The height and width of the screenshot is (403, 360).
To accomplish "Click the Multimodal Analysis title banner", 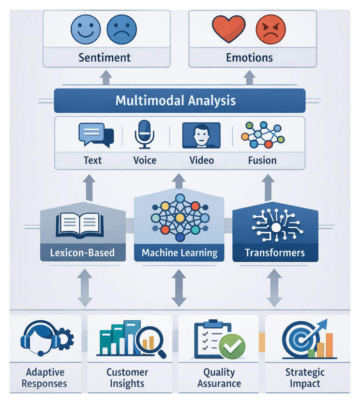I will pos(179,101).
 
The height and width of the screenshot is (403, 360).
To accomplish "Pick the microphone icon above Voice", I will pos(144,134).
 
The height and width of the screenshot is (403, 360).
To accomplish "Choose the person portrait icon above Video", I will pos(201,135).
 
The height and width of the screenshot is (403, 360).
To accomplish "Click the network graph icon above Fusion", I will pos(263,135).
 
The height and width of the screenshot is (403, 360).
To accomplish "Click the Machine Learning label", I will pos(179,253).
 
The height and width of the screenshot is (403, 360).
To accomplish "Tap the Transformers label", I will pos(275,253).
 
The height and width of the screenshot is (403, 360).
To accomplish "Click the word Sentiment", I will pos(105,58).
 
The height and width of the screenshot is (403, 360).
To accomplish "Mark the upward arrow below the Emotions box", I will pos(249,77).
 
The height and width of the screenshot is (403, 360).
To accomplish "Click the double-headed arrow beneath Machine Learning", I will pos(179,288).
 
